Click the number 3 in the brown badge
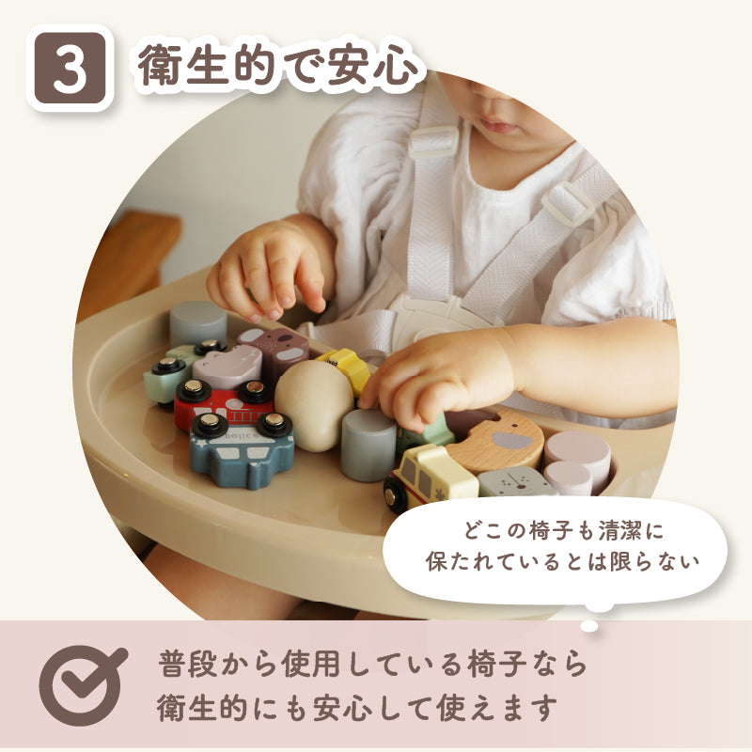pos(70,69)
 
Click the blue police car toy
pos(242,449)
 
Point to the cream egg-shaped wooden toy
pos(314,405)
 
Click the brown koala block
pos(274,350)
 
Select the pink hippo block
pos(227,367)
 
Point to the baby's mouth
pos(499,126)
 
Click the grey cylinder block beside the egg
pos(368,445)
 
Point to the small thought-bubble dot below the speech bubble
pos(589,626)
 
